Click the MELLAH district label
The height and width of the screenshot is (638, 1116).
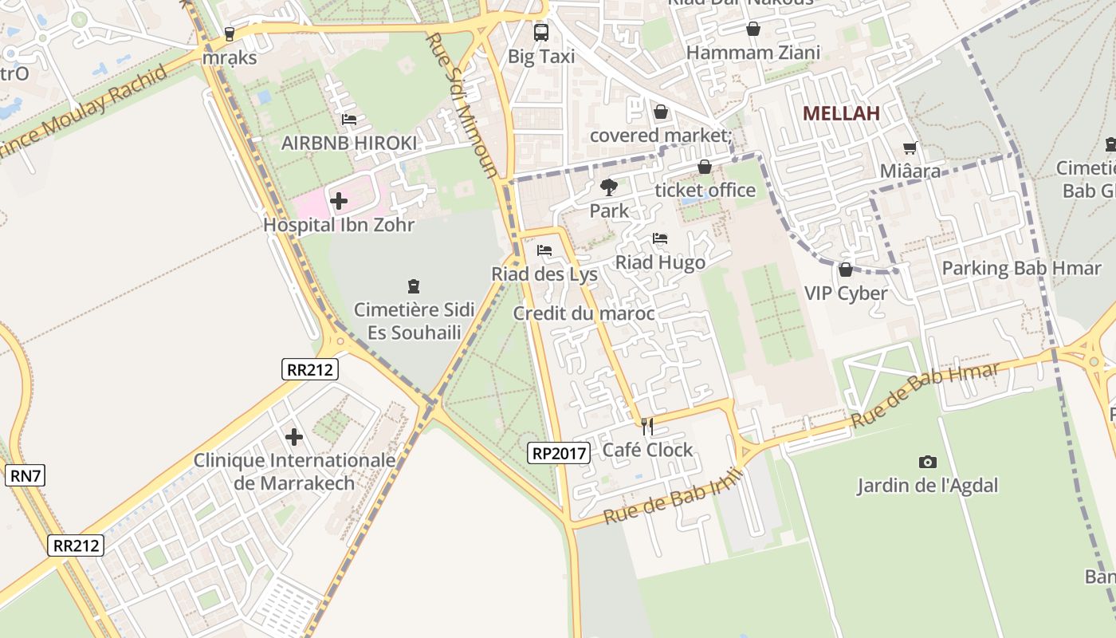(841, 113)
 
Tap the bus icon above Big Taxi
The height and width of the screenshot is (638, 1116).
(540, 33)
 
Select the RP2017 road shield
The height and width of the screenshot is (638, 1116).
(558, 454)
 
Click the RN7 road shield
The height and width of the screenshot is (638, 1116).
(25, 476)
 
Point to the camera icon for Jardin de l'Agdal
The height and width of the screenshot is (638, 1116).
(927, 462)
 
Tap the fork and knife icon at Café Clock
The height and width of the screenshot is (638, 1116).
(647, 427)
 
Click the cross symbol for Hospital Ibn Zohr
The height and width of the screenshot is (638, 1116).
(339, 201)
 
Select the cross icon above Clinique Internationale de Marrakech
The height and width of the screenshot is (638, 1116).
(294, 437)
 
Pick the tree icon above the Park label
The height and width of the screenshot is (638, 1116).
(609, 187)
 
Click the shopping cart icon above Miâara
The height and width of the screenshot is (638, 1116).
(910, 148)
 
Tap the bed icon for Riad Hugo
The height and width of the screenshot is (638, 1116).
(659, 238)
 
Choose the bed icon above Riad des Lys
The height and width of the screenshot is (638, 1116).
(544, 250)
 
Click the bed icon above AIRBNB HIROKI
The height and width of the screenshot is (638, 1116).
(348, 120)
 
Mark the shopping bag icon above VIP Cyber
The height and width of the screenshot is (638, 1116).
(845, 270)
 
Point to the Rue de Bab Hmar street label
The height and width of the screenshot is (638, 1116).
(925, 396)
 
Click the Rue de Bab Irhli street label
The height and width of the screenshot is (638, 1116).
(674, 497)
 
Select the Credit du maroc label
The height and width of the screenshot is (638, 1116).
(584, 313)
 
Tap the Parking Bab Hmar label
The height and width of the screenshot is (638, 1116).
(1021, 268)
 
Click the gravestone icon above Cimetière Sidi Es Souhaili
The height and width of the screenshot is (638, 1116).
(413, 286)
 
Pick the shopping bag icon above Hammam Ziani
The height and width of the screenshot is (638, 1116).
(753, 30)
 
